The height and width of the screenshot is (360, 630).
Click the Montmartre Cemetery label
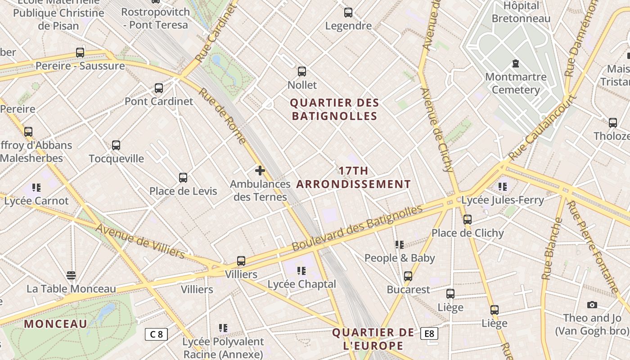click(516, 83)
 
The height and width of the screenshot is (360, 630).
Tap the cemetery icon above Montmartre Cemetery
click(516, 64)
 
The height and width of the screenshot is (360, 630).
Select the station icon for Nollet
click(302, 72)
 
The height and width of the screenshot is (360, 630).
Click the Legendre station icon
click(348, 13)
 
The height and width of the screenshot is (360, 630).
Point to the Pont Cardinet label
click(158, 101)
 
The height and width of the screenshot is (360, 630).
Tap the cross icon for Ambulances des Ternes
click(260, 171)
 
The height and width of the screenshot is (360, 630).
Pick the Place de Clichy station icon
click(468, 220)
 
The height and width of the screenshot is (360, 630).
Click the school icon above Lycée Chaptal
click(301, 271)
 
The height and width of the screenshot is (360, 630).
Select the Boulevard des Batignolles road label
click(357, 228)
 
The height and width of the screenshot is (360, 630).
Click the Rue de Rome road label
click(222, 116)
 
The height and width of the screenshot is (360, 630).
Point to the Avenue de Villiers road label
click(140, 241)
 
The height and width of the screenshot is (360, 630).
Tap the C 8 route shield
click(156, 334)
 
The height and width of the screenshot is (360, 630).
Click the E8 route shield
click(429, 333)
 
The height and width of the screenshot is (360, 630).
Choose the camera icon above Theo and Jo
click(592, 305)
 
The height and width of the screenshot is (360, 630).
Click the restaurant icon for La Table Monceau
click(71, 275)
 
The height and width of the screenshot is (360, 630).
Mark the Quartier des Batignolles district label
click(334, 109)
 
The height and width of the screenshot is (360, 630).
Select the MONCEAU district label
click(55, 324)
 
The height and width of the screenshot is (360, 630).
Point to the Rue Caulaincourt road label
click(543, 128)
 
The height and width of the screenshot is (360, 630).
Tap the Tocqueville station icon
click(116, 145)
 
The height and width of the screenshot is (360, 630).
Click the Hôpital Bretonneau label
click(521, 12)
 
